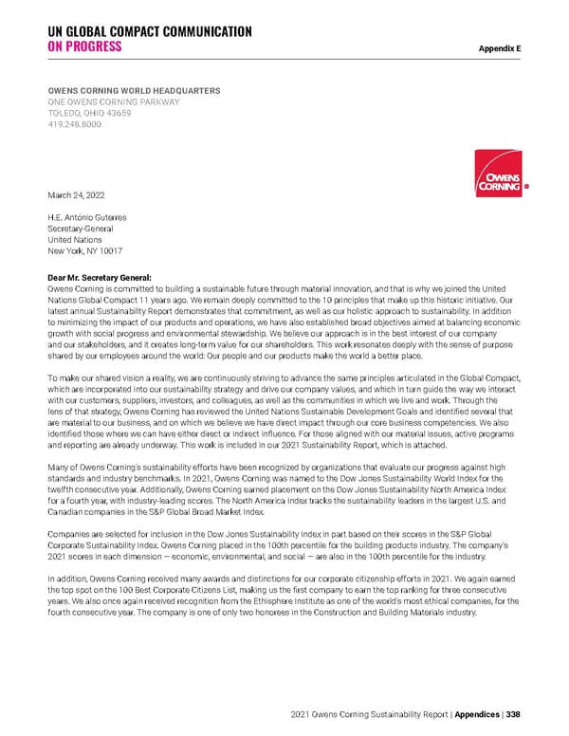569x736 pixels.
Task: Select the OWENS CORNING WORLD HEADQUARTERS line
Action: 134,90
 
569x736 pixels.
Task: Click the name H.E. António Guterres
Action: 86,217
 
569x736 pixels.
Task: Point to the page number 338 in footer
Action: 511,713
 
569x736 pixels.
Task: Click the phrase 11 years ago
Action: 139,298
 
